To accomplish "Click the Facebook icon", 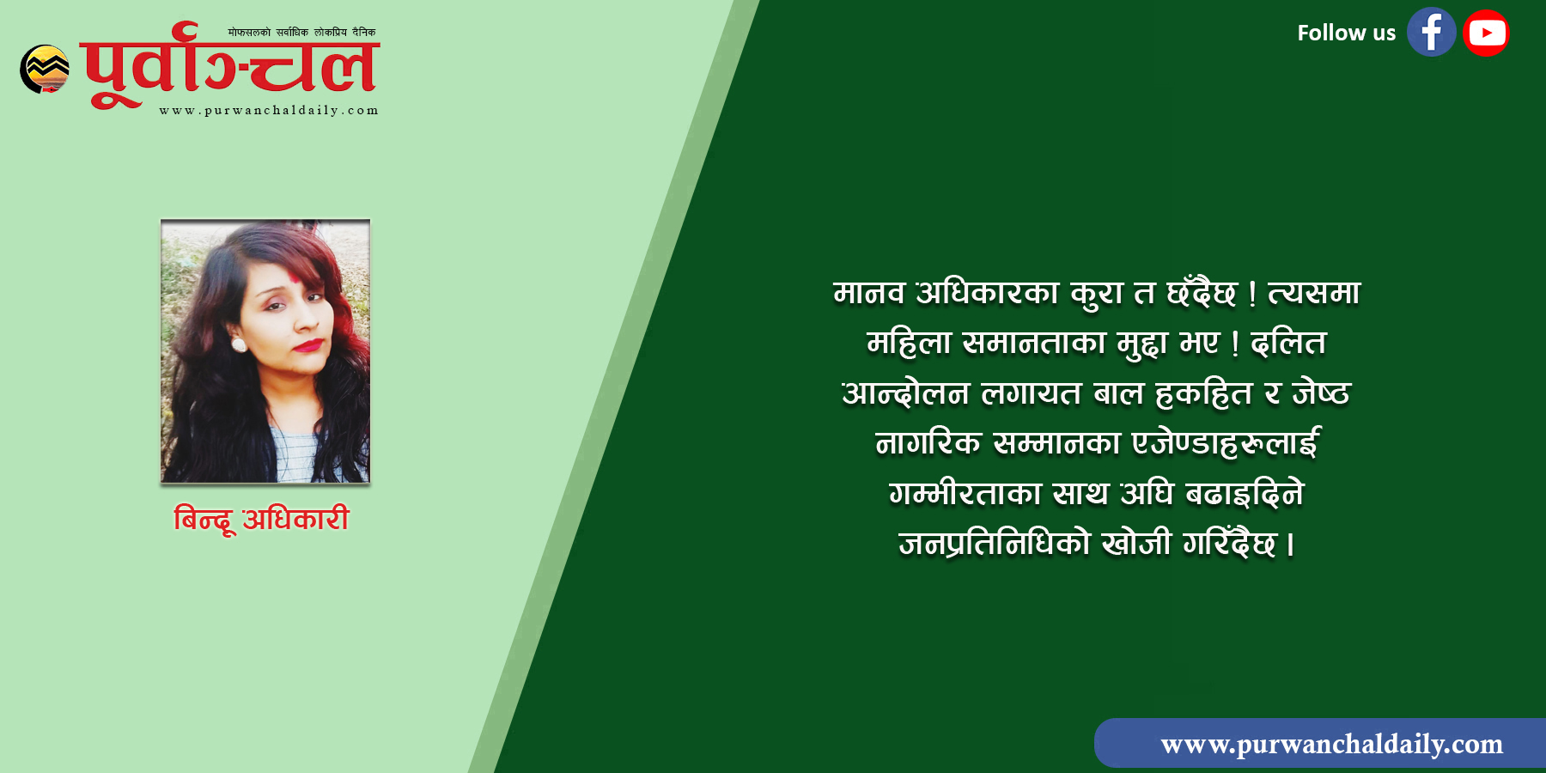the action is tap(1431, 33).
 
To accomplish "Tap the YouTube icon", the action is tap(1486, 33).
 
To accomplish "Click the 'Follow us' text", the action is tap(1346, 33).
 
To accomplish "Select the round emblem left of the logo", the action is tap(45, 69).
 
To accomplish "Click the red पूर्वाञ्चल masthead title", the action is tap(230, 64).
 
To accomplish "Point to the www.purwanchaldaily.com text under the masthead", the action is tap(269, 111).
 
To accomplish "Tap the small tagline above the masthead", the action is tap(301, 33).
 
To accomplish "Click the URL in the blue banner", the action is tap(1331, 744).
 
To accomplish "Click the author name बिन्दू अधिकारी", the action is tap(262, 519).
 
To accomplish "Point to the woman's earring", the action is tap(240, 344).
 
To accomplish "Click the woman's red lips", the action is tap(308, 345).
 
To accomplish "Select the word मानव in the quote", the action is tap(869, 293).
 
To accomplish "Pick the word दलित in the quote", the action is tap(1288, 343).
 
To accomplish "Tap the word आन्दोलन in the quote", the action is tap(905, 393).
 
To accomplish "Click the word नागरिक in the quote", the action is tap(928, 442).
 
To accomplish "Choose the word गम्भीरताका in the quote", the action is tap(965, 493).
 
